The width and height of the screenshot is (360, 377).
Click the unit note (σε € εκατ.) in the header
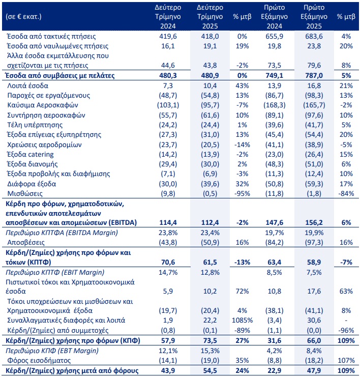point(23,16)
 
